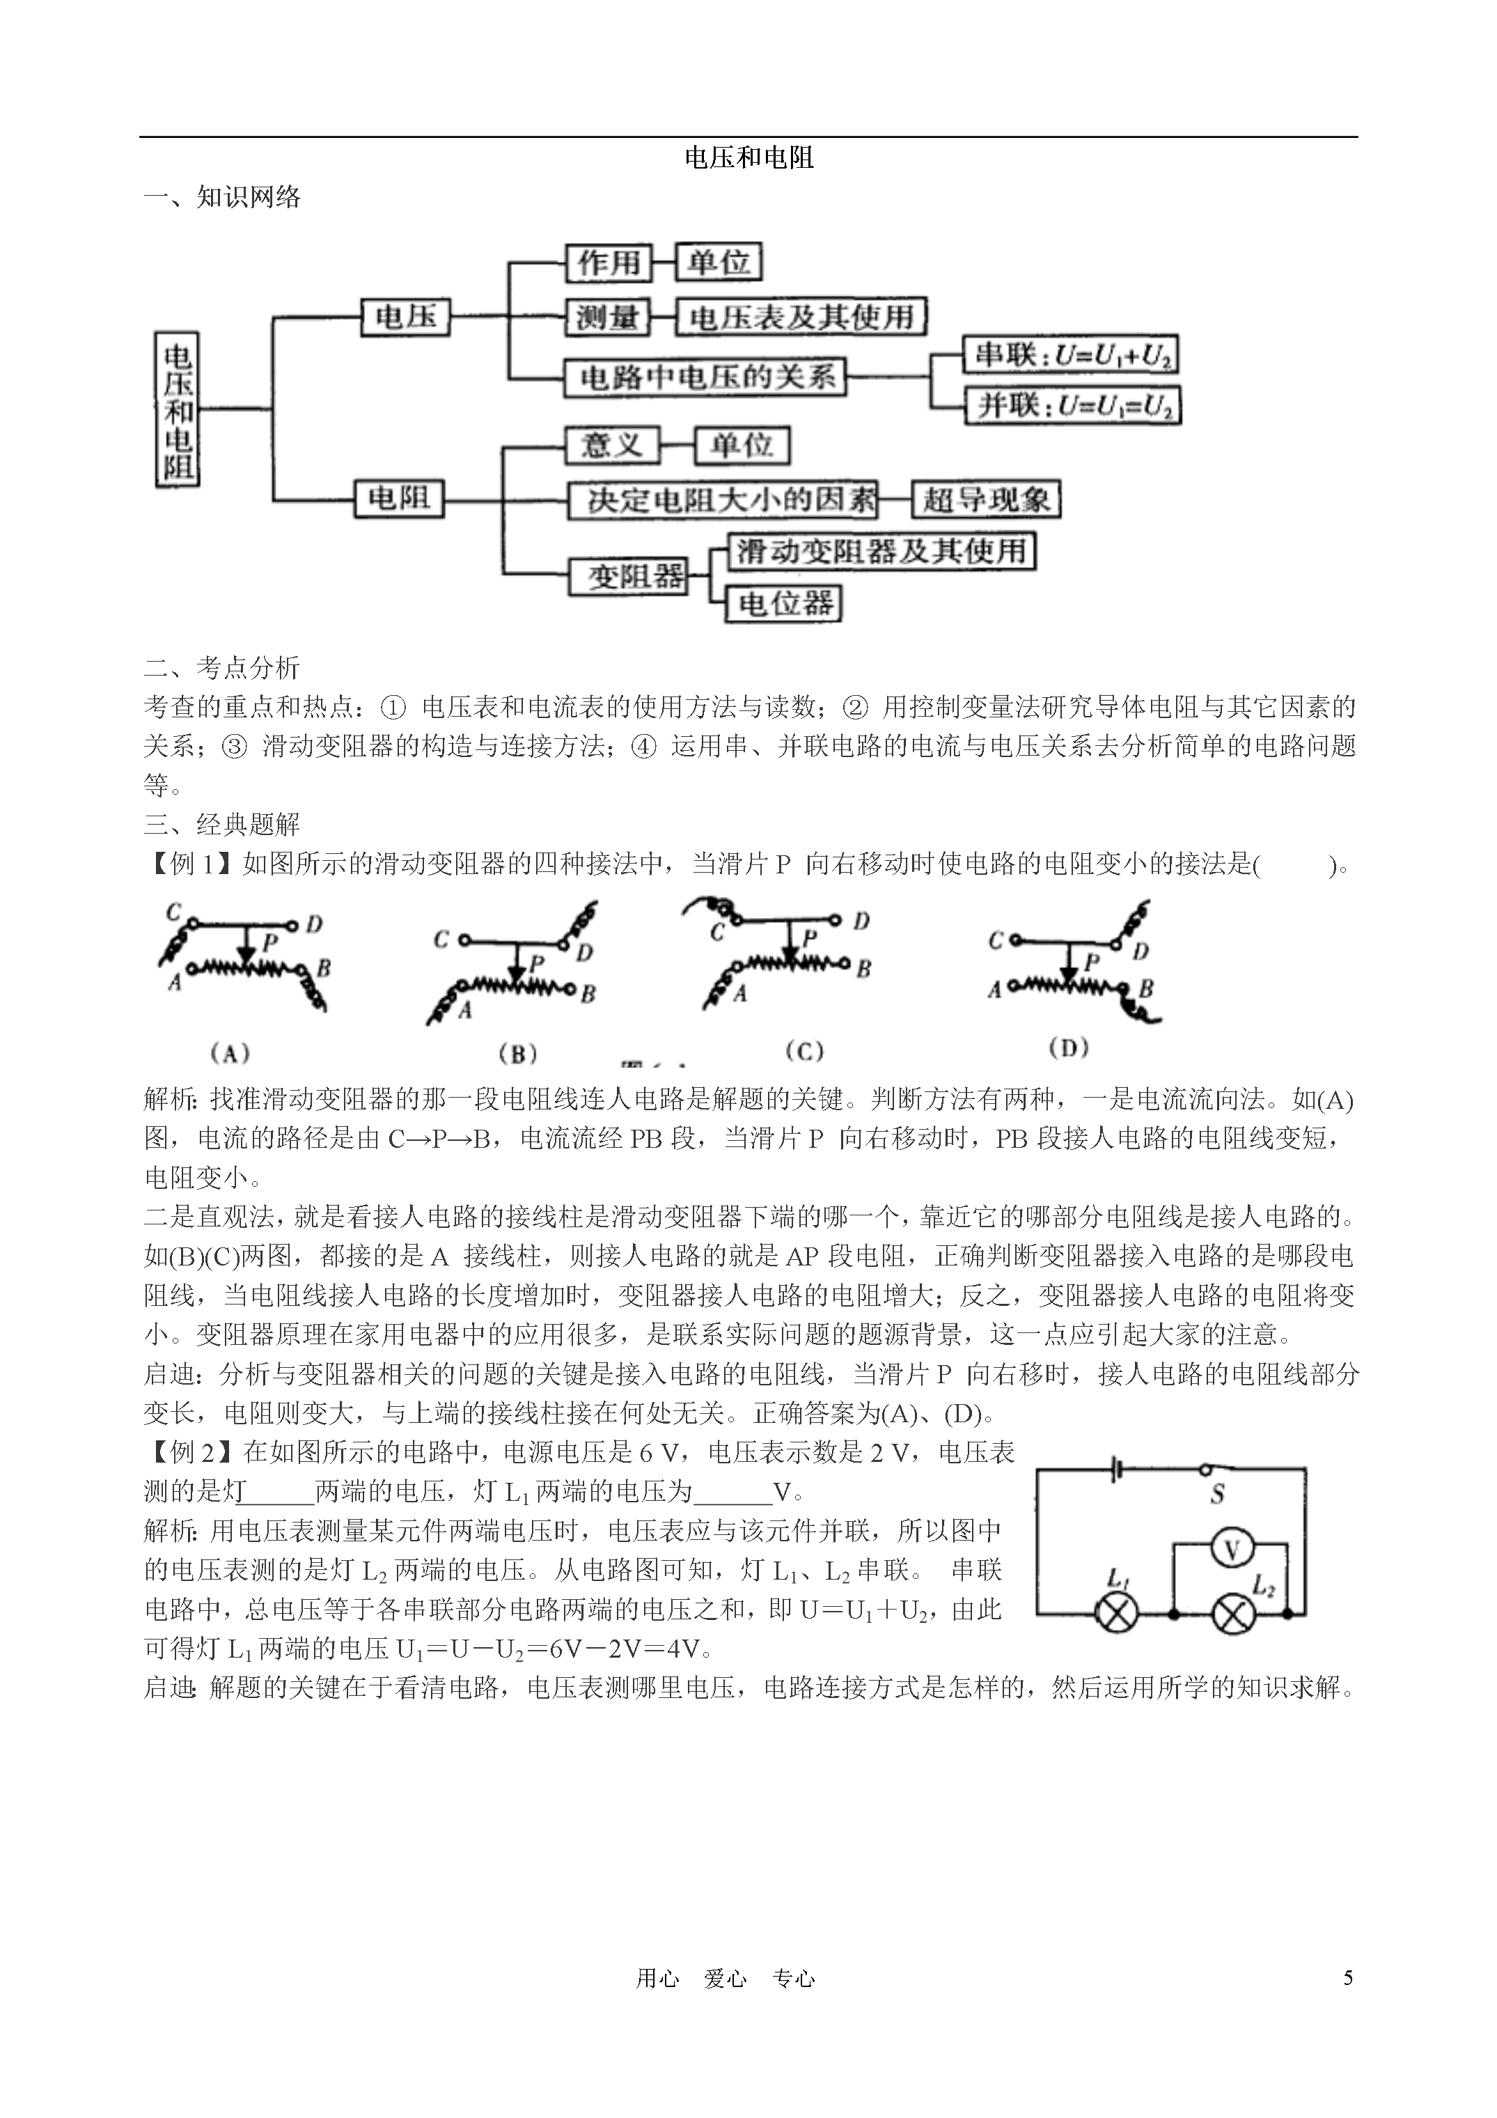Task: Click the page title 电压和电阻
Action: point(748,157)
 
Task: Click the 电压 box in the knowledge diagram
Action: point(405,316)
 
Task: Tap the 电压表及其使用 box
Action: point(800,318)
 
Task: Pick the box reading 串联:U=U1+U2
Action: point(1070,355)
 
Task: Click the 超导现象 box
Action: point(985,500)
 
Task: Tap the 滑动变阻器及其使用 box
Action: point(880,552)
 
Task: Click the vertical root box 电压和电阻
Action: point(177,409)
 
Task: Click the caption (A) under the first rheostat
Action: point(230,1052)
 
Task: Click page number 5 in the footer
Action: point(1347,1978)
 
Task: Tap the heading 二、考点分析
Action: point(222,668)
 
